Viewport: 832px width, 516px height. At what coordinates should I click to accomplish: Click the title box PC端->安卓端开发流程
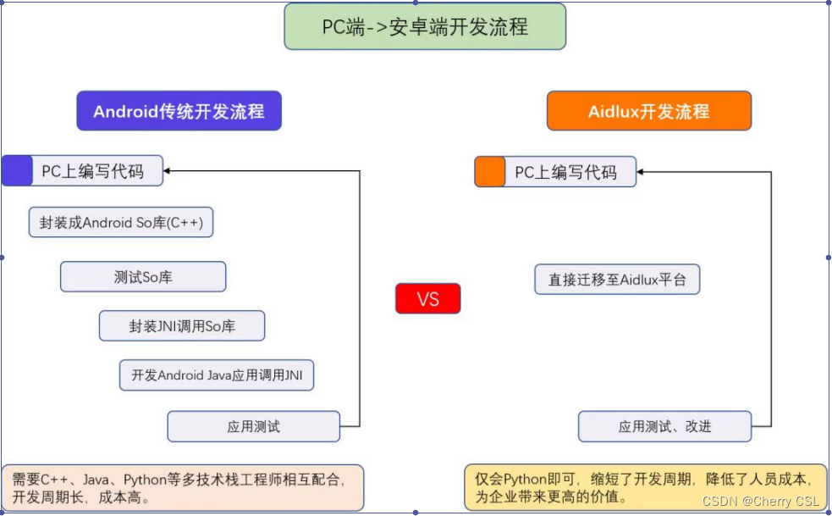coord(424,26)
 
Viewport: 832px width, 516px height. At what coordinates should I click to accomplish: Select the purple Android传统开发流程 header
coord(179,111)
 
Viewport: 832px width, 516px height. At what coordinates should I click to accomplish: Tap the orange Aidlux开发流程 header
coord(648,111)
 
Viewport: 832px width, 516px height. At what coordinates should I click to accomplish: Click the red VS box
coord(427,298)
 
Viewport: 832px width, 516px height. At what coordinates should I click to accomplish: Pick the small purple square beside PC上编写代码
coord(17,171)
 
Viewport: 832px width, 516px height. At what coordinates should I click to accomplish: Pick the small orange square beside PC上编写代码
coord(490,172)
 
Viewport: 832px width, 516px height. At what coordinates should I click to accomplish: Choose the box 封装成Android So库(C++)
coord(121,223)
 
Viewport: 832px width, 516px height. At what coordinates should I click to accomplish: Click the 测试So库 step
coord(143,277)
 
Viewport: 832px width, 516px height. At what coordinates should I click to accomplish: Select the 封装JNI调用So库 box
coord(182,326)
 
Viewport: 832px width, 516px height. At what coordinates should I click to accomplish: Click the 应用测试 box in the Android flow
coord(253,426)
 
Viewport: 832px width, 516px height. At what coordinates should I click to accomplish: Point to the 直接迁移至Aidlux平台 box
coord(617,279)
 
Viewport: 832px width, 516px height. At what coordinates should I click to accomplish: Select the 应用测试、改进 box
coord(664,426)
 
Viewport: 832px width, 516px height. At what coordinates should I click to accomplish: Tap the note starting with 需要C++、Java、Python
coord(183,488)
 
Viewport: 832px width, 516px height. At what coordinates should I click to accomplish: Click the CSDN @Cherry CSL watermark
coord(760,502)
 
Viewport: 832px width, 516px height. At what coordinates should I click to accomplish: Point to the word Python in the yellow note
coord(530,479)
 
